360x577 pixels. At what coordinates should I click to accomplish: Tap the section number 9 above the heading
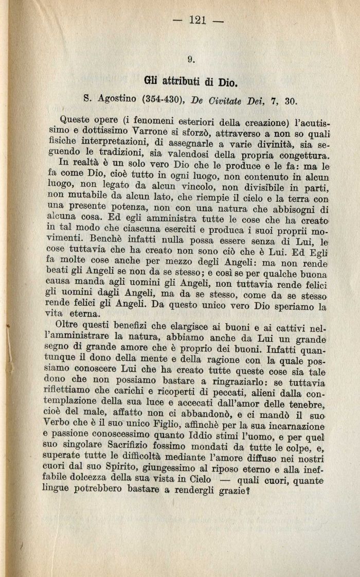point(191,59)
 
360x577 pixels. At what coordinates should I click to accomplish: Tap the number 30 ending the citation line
point(291,100)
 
